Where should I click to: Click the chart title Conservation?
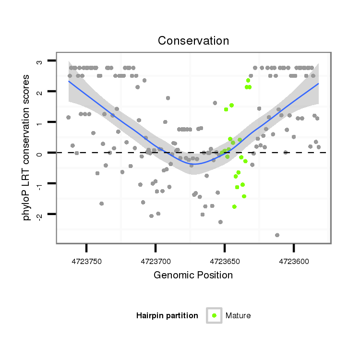(x=193, y=41)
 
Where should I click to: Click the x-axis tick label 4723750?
(x=86, y=262)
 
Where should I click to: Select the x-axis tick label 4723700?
(x=156, y=262)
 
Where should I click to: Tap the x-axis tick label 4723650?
(x=225, y=262)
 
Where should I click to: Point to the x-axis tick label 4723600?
(x=294, y=262)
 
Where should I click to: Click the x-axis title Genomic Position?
(x=193, y=275)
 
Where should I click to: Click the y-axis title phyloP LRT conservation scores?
(x=26, y=147)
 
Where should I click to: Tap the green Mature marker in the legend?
(x=214, y=315)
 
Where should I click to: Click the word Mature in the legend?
(x=238, y=315)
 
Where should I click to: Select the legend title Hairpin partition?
(x=167, y=315)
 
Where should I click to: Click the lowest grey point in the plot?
(x=277, y=235)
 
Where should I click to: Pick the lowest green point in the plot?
(x=234, y=206)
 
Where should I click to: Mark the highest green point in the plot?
(x=248, y=80)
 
